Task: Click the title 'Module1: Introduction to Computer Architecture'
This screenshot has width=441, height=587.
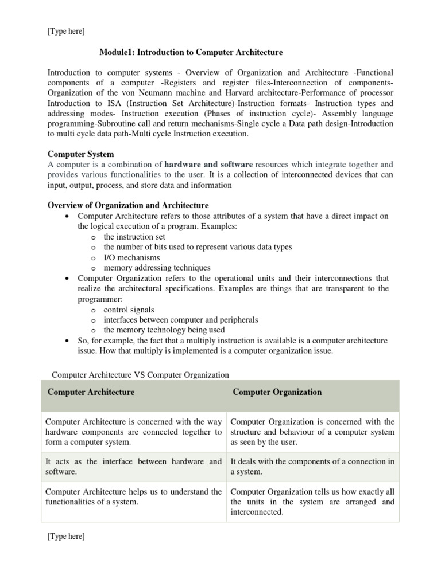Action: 191,53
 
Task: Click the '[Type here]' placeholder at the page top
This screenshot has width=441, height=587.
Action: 66,32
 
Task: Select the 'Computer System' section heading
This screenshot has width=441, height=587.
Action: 80,154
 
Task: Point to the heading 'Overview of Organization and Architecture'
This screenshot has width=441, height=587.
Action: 127,205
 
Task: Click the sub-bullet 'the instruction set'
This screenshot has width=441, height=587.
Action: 134,237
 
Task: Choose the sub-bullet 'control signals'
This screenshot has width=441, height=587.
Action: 129,310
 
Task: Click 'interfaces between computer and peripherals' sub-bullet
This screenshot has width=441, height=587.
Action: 180,320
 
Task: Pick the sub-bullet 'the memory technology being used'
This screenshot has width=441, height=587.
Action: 164,330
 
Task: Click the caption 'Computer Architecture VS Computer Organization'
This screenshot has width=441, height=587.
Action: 140,375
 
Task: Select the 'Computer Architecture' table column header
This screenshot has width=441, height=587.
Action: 91,392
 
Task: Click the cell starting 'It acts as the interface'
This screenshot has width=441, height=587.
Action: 133,467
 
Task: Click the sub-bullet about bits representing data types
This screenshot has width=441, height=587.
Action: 198,247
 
